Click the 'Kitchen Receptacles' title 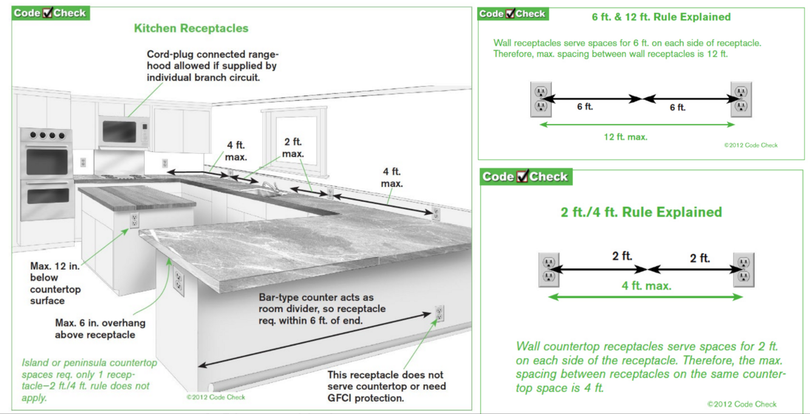[191, 28]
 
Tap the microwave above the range [124, 132]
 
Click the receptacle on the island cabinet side [134, 220]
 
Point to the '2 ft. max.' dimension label [293, 148]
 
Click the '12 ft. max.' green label [625, 137]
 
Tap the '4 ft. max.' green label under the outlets [646, 286]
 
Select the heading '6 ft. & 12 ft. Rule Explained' [661, 17]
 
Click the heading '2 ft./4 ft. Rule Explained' [641, 212]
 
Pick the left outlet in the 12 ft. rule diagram [540, 100]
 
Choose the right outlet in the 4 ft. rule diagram [743, 270]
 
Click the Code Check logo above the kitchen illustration [50, 13]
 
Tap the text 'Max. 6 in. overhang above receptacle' [100, 328]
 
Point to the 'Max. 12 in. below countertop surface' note [55, 283]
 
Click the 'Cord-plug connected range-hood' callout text [213, 66]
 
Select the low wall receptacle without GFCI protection [439, 313]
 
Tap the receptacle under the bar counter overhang [179, 281]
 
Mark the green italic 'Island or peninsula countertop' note [89, 380]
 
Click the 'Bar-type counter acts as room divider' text [322, 309]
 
